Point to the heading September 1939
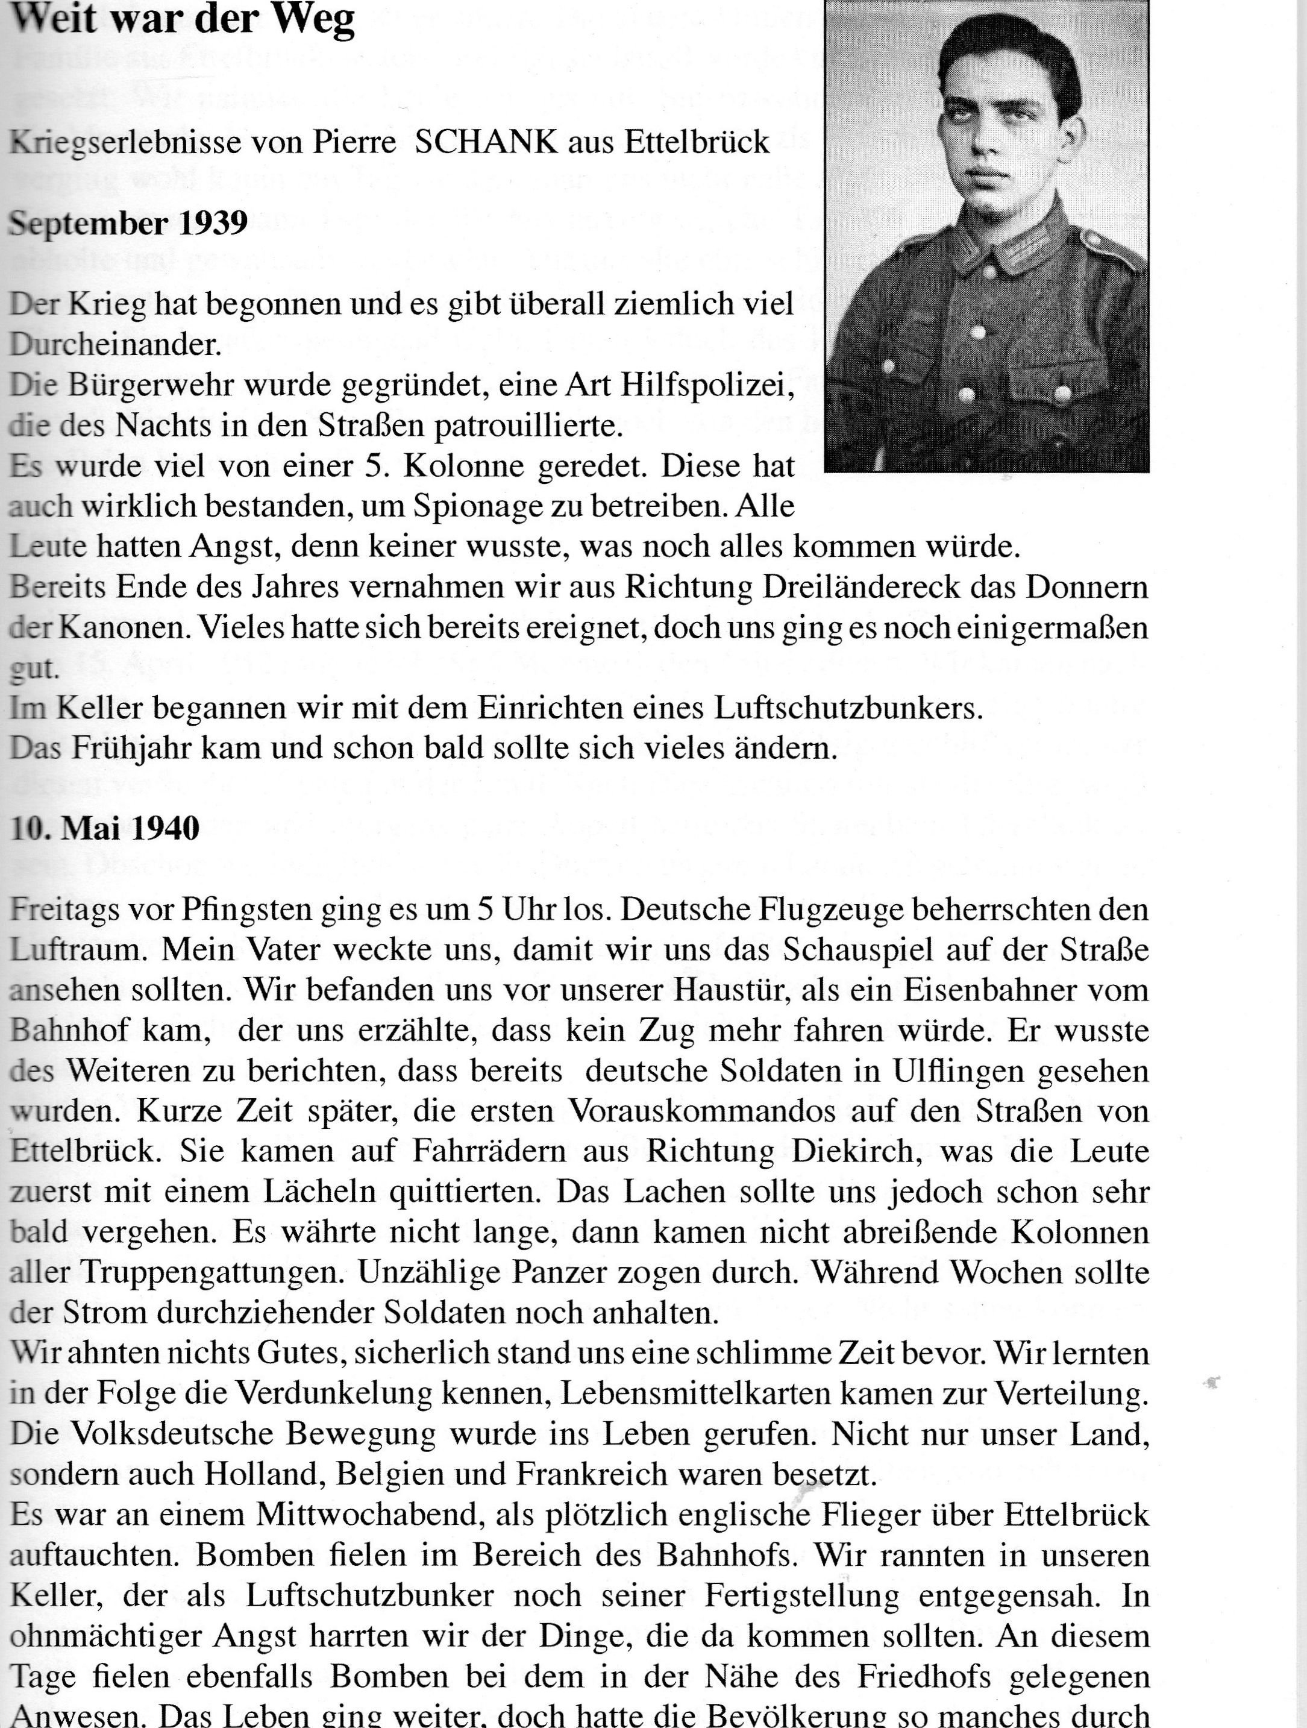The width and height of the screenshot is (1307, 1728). click(129, 224)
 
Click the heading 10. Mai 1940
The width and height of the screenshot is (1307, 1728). click(105, 828)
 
